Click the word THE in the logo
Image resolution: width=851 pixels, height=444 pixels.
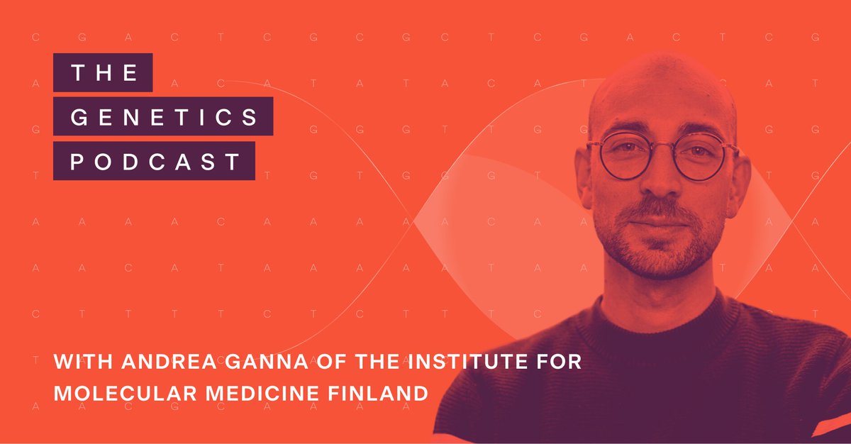point(103,73)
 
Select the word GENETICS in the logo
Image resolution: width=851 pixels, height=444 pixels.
point(165,117)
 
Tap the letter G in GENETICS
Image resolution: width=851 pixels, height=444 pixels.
point(78,117)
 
